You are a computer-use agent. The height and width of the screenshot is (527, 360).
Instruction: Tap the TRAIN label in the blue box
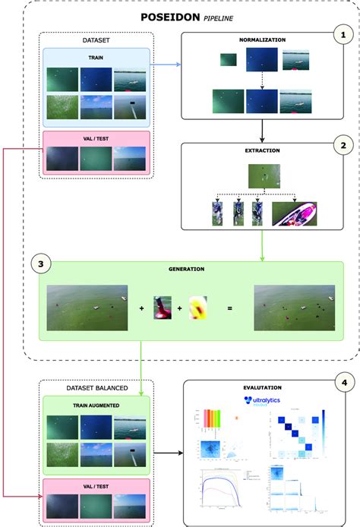click(x=96, y=56)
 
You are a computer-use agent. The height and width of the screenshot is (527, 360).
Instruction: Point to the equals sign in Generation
click(x=228, y=309)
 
